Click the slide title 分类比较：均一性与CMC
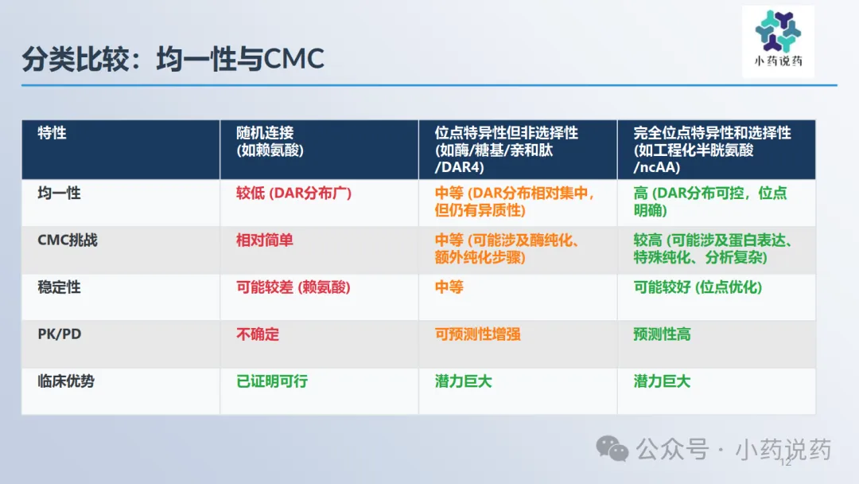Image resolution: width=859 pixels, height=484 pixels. pyautogui.click(x=173, y=59)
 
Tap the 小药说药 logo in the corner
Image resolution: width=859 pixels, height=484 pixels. pyautogui.click(x=778, y=41)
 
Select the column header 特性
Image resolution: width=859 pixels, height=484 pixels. pyautogui.click(x=52, y=133)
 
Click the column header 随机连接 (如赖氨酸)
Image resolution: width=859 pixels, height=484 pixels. pyautogui.click(x=270, y=142)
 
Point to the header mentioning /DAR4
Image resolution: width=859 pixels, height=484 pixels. pyautogui.click(x=506, y=150)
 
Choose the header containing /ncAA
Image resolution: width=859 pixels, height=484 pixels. pyautogui.click(x=712, y=150)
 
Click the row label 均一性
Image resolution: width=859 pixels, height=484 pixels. pyautogui.click(x=59, y=193)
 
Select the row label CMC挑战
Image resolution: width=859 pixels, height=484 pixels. pyautogui.click(x=68, y=240)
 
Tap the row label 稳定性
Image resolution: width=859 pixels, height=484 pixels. pyautogui.click(x=59, y=287)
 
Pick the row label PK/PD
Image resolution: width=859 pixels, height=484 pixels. pyautogui.click(x=59, y=334)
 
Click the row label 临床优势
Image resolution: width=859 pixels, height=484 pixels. pyautogui.click(x=66, y=381)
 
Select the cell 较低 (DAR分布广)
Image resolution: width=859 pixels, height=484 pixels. pyautogui.click(x=293, y=193)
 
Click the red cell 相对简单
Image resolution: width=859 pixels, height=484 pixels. pyautogui.click(x=265, y=240)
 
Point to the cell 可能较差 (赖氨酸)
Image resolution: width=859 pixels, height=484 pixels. pyautogui.click(x=293, y=287)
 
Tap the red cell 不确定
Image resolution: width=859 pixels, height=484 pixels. pyautogui.click(x=258, y=334)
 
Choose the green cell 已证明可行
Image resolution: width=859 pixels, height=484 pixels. pyautogui.click(x=272, y=381)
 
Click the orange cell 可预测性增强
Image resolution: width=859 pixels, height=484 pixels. pyautogui.click(x=478, y=334)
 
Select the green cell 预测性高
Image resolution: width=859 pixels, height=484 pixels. pyautogui.click(x=662, y=334)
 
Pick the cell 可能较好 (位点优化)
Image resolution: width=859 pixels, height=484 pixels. pyautogui.click(x=698, y=287)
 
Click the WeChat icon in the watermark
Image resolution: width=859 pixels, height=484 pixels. pyautogui.click(x=612, y=449)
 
